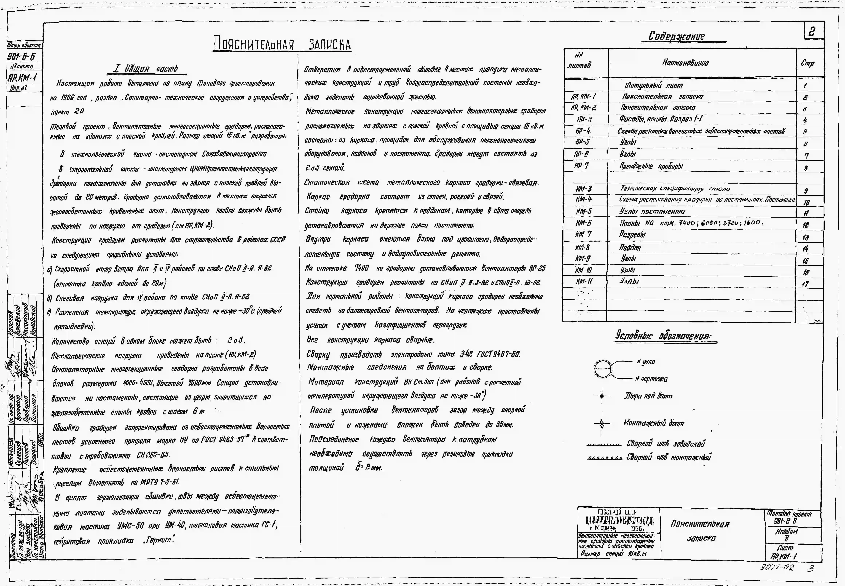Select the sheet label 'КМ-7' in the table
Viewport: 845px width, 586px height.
pyautogui.click(x=583, y=234)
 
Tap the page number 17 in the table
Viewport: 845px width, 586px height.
pyautogui.click(x=805, y=284)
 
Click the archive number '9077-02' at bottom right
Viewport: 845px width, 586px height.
pyautogui.click(x=777, y=567)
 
